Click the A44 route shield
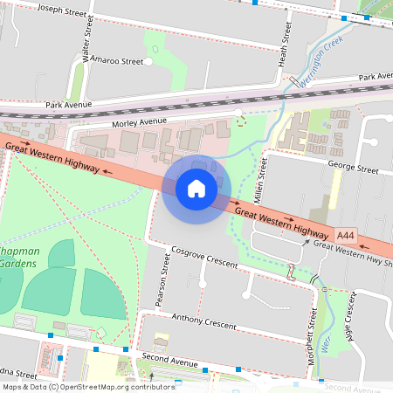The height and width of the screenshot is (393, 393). (346, 235)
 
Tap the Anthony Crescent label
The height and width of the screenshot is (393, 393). (204, 323)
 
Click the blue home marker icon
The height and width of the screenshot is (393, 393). (196, 189)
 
